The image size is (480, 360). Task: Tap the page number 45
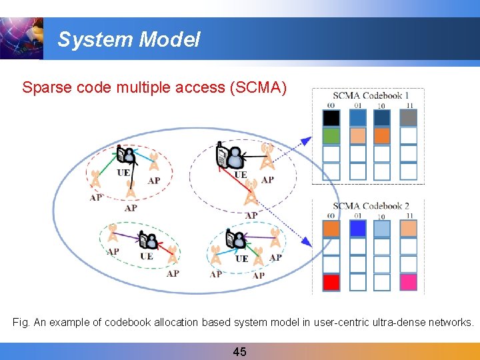click(x=239, y=351)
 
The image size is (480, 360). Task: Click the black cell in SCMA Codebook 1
click(x=331, y=119)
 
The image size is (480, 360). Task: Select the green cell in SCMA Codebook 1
click(x=331, y=136)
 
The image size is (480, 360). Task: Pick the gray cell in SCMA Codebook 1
click(x=409, y=119)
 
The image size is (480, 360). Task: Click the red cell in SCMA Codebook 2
click(x=331, y=282)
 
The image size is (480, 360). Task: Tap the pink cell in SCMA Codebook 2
click(x=409, y=282)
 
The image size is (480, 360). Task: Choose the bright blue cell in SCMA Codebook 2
click(x=358, y=229)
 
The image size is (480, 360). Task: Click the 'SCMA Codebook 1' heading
click(x=371, y=96)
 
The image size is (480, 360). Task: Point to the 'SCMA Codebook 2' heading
click(x=371, y=206)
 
